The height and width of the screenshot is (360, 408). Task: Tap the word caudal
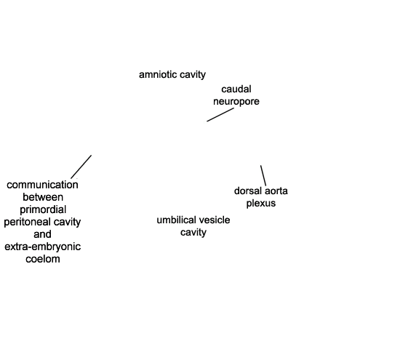pos(236,89)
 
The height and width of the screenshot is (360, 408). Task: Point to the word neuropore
pos(236,102)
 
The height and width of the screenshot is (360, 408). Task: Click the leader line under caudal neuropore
pos(220,115)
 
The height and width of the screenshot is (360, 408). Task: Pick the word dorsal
pos(248,191)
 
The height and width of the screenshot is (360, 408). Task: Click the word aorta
pos(276,191)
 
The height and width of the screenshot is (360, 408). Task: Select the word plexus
pos(261,204)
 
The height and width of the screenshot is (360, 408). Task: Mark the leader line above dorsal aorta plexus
pos(263,175)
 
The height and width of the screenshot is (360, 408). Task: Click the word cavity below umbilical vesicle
pos(193,233)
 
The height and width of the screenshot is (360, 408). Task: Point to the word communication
pos(42,185)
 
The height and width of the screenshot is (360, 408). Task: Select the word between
pos(43,197)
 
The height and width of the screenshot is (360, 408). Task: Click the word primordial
pos(43,209)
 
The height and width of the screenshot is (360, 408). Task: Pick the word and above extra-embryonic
pos(42,234)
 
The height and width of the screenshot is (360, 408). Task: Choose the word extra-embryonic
pos(42,247)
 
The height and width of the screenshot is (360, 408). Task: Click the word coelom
pos(43,259)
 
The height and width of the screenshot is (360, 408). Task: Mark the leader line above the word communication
pos(81,167)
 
